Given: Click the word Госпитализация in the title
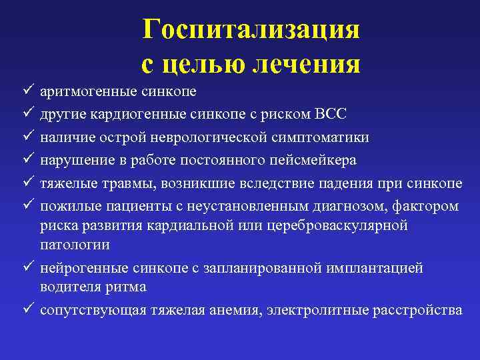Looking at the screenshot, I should tap(251, 29).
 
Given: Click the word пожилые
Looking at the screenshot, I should tap(65, 206).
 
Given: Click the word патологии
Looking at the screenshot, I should tap(75, 245).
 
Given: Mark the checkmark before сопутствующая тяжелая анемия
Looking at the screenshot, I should tap(25, 311).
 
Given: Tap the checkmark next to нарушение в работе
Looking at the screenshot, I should tap(25, 160).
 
